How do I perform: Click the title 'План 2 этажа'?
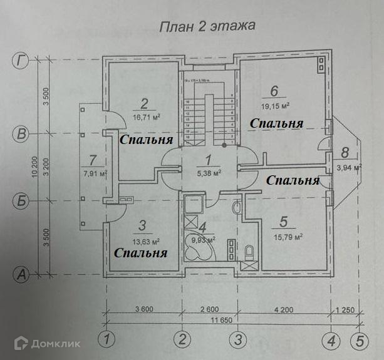point(199,27)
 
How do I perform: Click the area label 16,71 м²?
point(147,116)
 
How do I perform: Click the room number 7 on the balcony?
point(93,159)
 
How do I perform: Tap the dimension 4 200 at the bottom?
point(281,309)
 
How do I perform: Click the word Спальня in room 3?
point(141,253)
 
